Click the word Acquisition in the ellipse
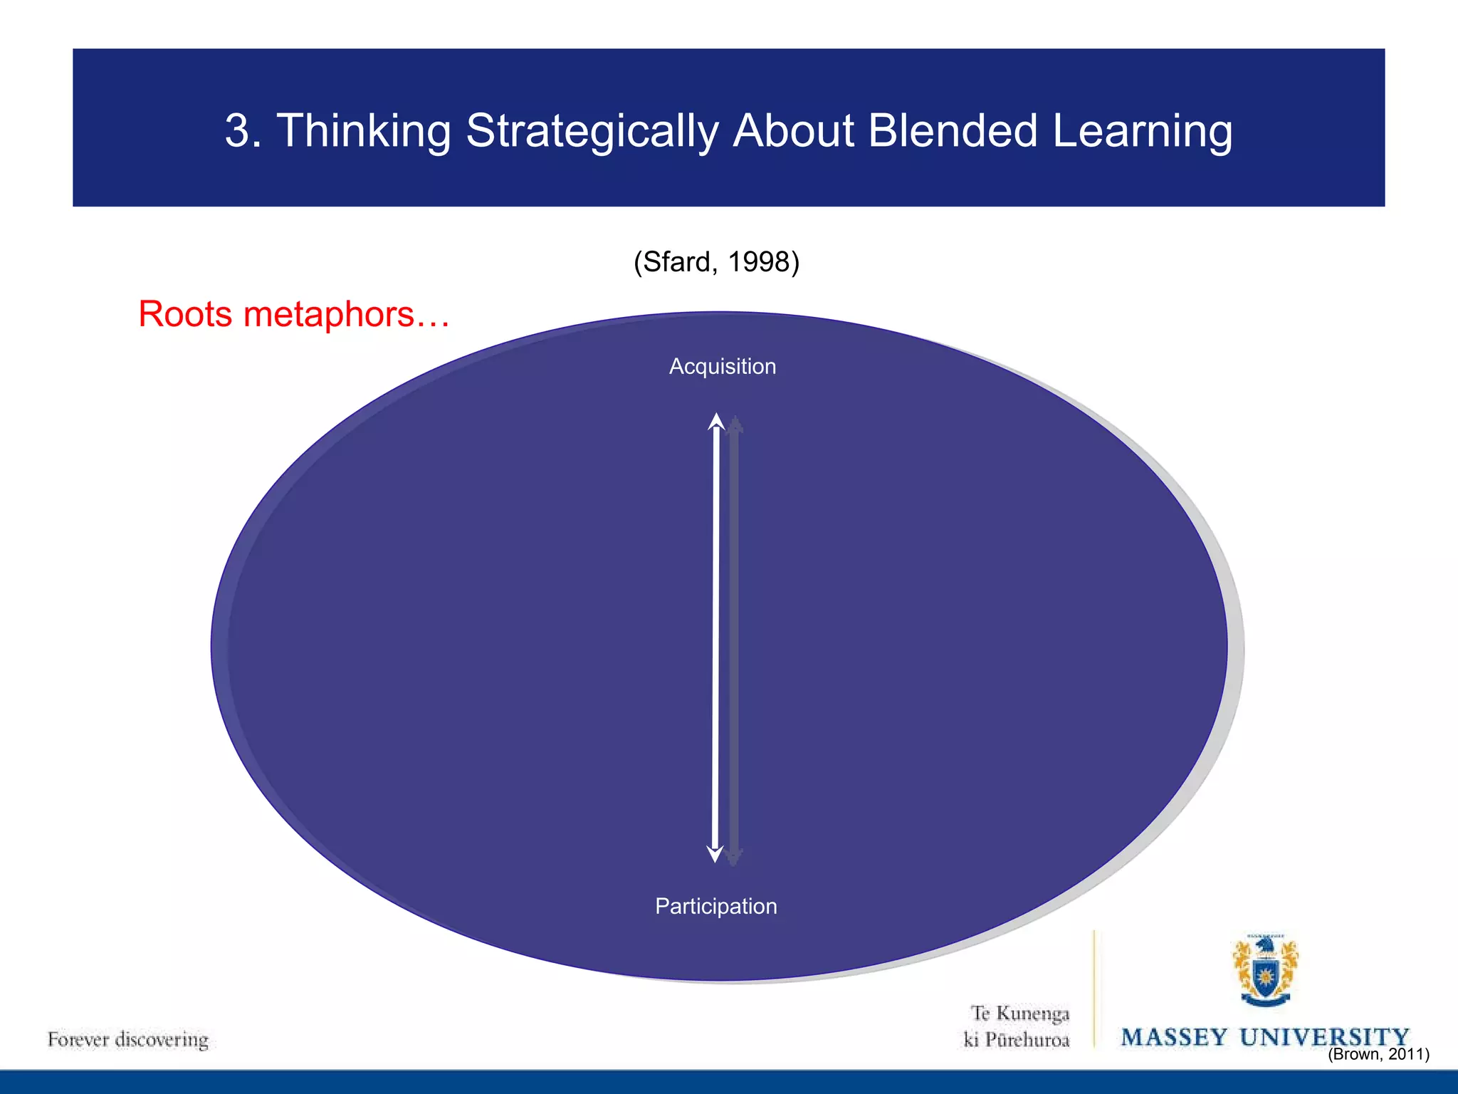click(723, 366)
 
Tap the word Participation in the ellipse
click(715, 906)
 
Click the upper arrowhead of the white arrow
click(716, 422)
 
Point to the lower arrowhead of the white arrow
click(715, 853)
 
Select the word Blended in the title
click(953, 130)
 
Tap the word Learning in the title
click(1142, 132)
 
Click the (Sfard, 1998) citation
click(716, 262)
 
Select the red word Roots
click(185, 314)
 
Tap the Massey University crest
click(1265, 971)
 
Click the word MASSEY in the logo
click(1175, 1037)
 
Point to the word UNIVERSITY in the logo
click(1324, 1037)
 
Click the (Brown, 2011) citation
click(1378, 1054)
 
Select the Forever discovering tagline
click(128, 1039)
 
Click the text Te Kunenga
click(1020, 1013)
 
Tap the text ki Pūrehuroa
click(1016, 1040)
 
